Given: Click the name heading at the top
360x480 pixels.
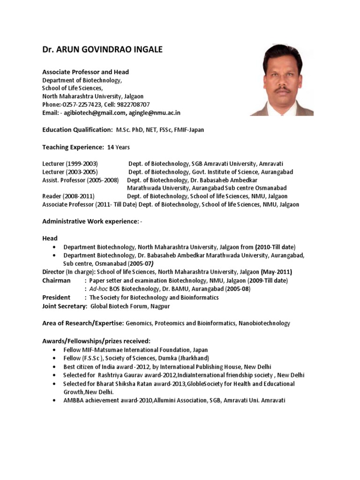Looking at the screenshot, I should (x=103, y=50).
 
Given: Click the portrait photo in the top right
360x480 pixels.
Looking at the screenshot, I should (x=282, y=80).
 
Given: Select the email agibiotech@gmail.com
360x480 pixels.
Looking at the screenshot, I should (x=94, y=112).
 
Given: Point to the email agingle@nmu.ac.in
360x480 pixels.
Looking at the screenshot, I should (x=154, y=112).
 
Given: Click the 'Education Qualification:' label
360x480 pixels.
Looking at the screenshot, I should (x=77, y=129).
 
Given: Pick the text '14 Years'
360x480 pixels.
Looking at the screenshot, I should (x=119, y=147).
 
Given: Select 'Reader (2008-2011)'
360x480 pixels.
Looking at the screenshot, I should (x=67, y=196).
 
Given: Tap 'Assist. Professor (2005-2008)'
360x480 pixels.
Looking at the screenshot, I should (x=81, y=180).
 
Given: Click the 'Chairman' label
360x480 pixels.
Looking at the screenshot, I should (x=57, y=280).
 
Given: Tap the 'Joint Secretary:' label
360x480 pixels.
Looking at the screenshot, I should (x=65, y=306).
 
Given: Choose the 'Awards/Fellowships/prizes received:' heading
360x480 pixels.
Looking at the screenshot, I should (x=96, y=341).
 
